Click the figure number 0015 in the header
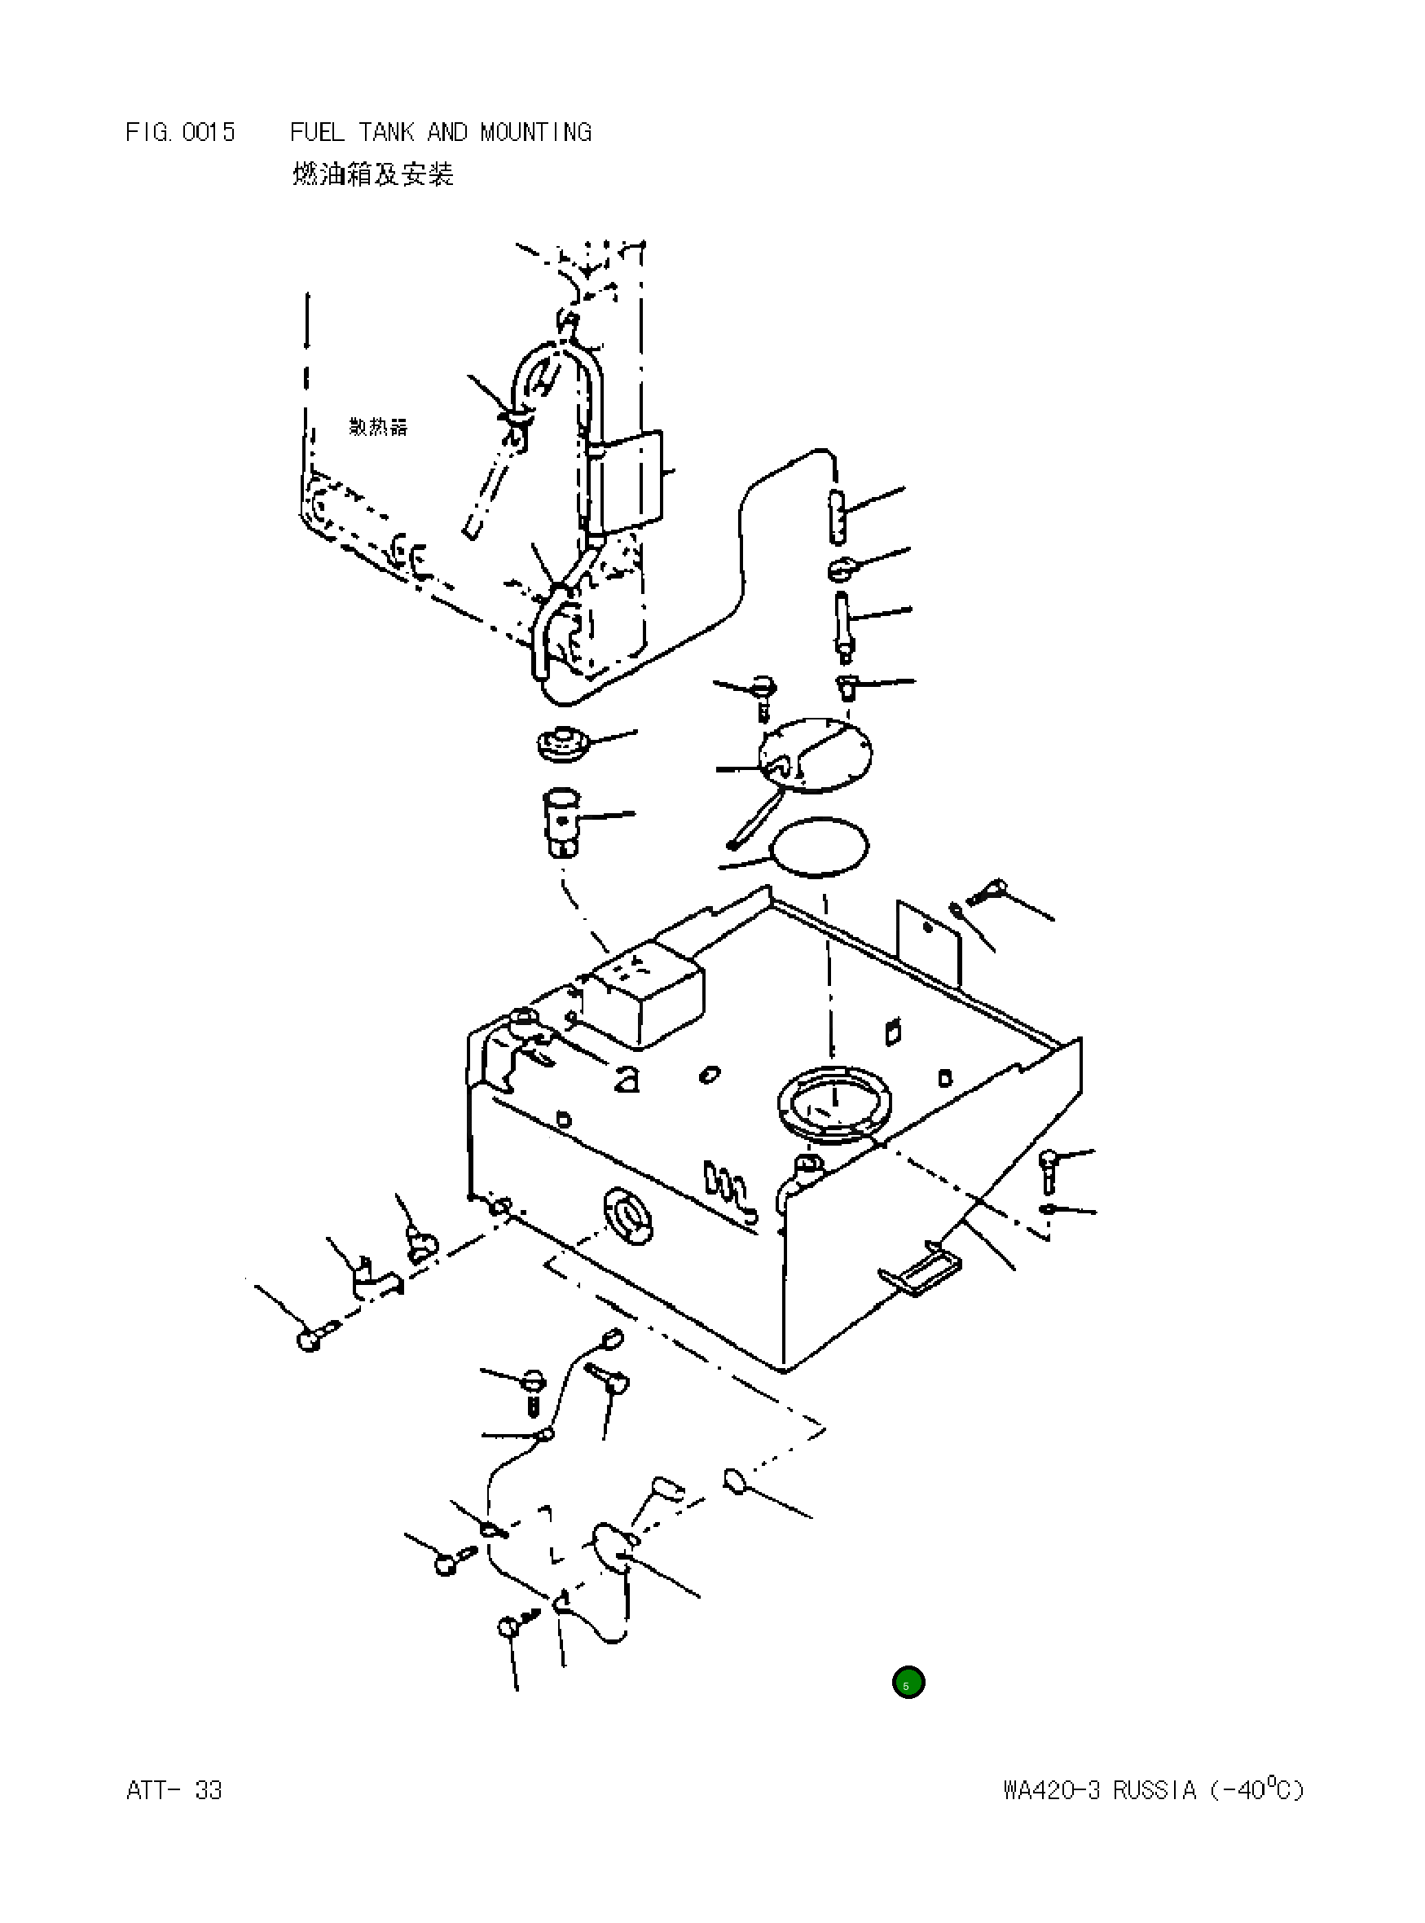click(208, 132)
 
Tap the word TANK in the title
click(385, 132)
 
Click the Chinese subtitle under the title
click(372, 175)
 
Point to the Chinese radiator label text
click(378, 427)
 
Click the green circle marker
click(908, 1683)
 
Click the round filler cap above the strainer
click(562, 744)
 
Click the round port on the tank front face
click(631, 1217)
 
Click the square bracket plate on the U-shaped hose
click(631, 482)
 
